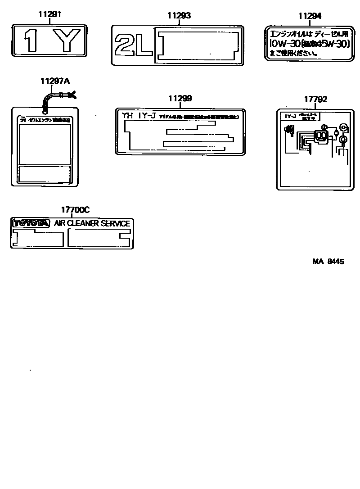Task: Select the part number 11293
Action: (x=179, y=16)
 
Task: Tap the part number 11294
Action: (x=310, y=16)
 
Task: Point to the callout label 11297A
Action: (x=55, y=81)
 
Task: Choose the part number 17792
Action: (x=315, y=100)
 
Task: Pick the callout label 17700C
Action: (x=75, y=210)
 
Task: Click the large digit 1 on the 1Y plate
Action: (x=31, y=41)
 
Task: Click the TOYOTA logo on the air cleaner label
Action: (x=31, y=223)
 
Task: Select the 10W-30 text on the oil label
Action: (x=281, y=44)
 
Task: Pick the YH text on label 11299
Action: (x=128, y=116)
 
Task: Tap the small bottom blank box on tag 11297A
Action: (x=45, y=174)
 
